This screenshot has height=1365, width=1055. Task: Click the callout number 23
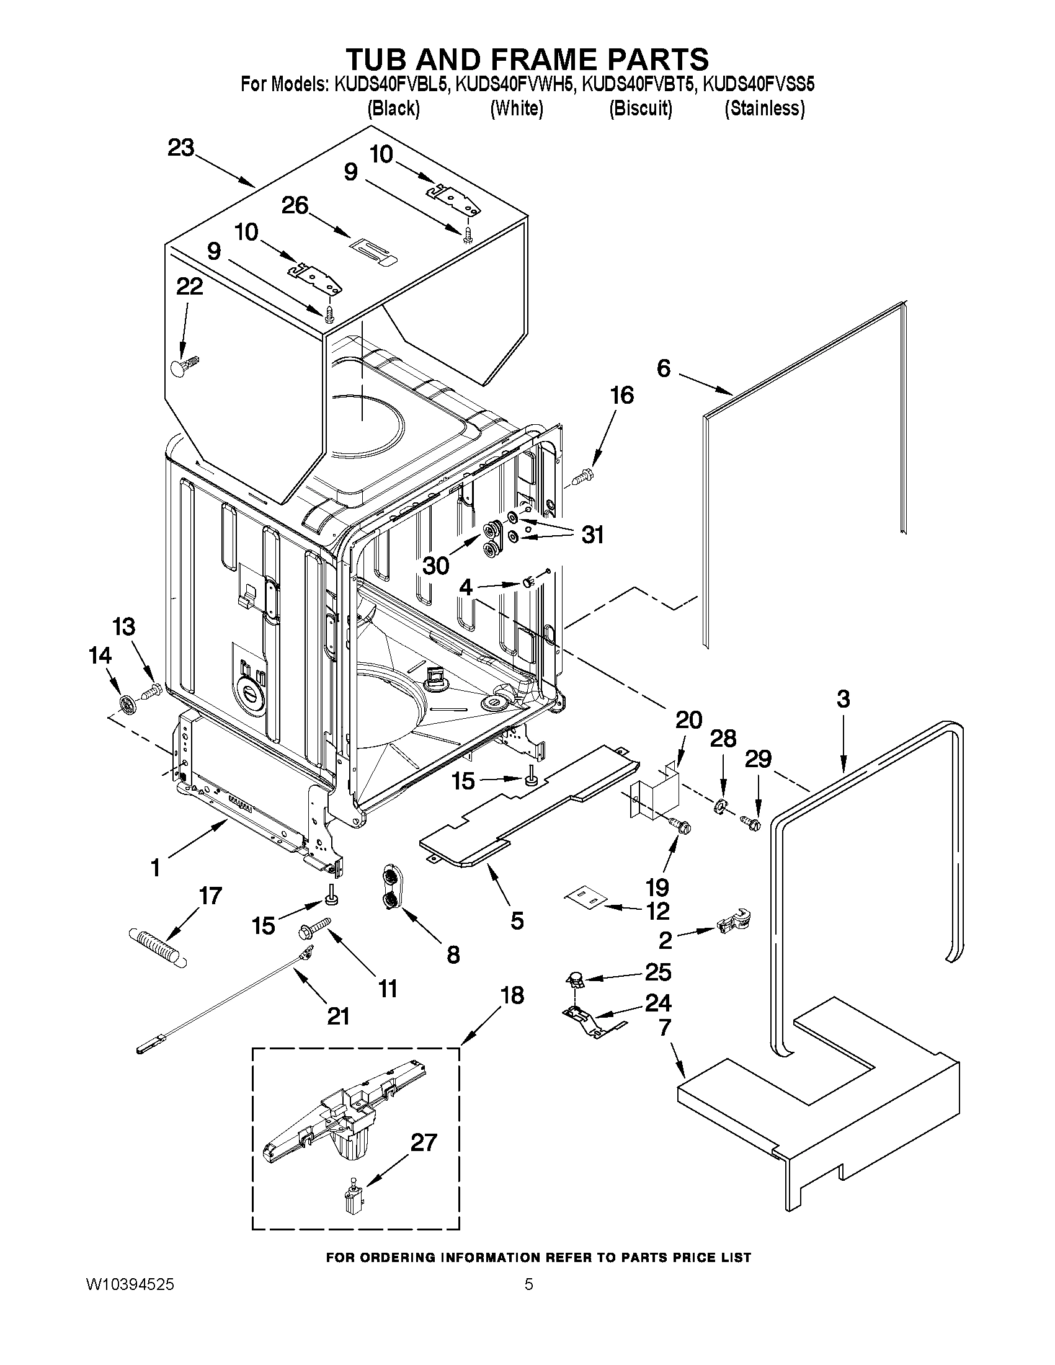[x=180, y=148]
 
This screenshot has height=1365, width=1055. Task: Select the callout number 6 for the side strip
[x=663, y=368]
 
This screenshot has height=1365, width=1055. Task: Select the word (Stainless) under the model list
[x=763, y=109]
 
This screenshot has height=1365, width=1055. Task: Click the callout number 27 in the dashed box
[x=423, y=1142]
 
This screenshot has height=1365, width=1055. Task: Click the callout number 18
[x=512, y=994]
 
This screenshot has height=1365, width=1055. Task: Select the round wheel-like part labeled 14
[x=128, y=705]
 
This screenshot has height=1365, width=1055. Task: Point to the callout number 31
[x=592, y=535]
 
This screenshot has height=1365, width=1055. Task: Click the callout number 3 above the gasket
[x=842, y=698]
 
